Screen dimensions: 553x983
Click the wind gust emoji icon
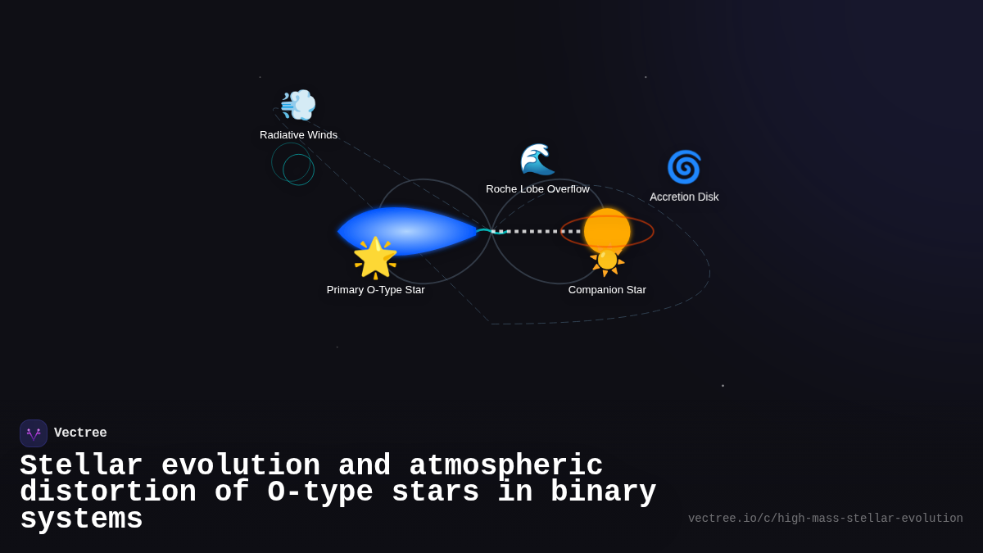coord(298,105)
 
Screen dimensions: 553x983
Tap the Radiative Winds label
coord(298,135)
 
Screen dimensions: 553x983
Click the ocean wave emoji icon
coord(537,160)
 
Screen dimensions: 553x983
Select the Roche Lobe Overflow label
coord(537,189)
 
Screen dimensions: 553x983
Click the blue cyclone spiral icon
coord(684,167)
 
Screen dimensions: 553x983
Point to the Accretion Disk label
coord(684,197)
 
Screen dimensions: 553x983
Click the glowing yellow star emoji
coord(375,257)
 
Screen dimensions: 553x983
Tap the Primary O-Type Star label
coord(375,290)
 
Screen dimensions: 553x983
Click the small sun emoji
coord(607,261)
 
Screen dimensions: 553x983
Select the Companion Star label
coord(607,290)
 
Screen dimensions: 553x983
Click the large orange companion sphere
coord(607,229)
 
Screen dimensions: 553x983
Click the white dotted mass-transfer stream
coord(537,232)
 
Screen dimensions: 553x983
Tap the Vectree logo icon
coord(34,433)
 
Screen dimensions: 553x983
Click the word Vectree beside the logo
coord(80,433)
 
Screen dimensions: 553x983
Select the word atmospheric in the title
coord(505,466)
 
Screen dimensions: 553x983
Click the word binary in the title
coord(603,492)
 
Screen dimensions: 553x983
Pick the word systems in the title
coord(81,519)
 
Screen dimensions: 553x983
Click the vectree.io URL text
coord(825,519)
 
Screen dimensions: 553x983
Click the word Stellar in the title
coord(81,466)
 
